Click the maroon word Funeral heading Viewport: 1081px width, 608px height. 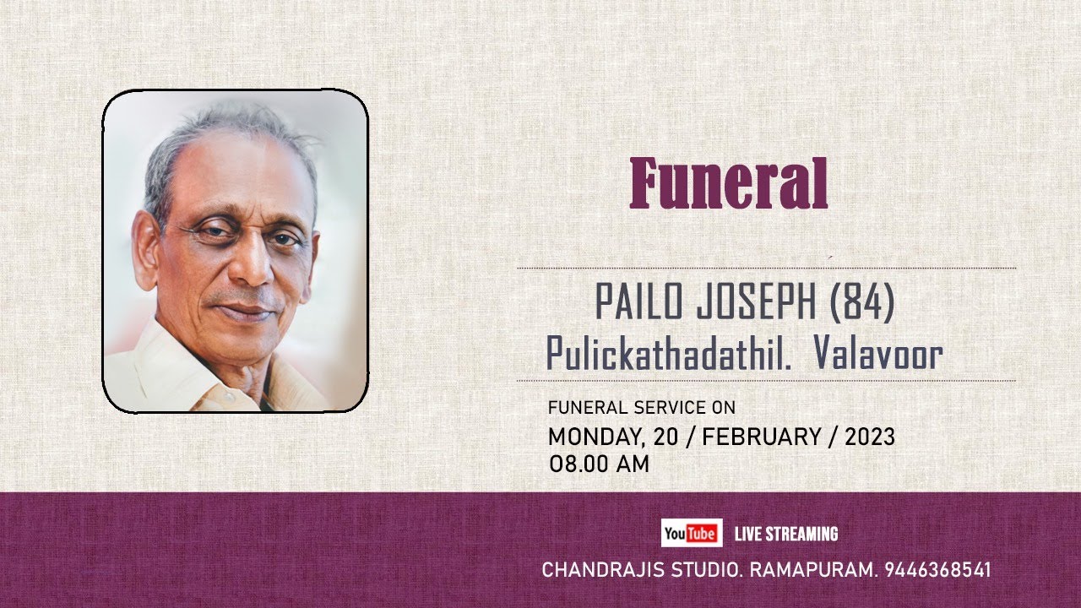pos(728,184)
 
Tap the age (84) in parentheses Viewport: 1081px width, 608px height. pos(861,302)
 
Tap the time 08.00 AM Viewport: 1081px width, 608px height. pos(599,464)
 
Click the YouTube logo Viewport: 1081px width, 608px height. pos(691,534)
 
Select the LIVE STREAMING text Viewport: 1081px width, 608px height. pos(786,534)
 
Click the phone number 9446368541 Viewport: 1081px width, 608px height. pos(937,570)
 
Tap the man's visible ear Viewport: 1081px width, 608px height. pos(145,249)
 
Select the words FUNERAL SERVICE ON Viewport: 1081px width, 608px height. pos(641,408)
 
